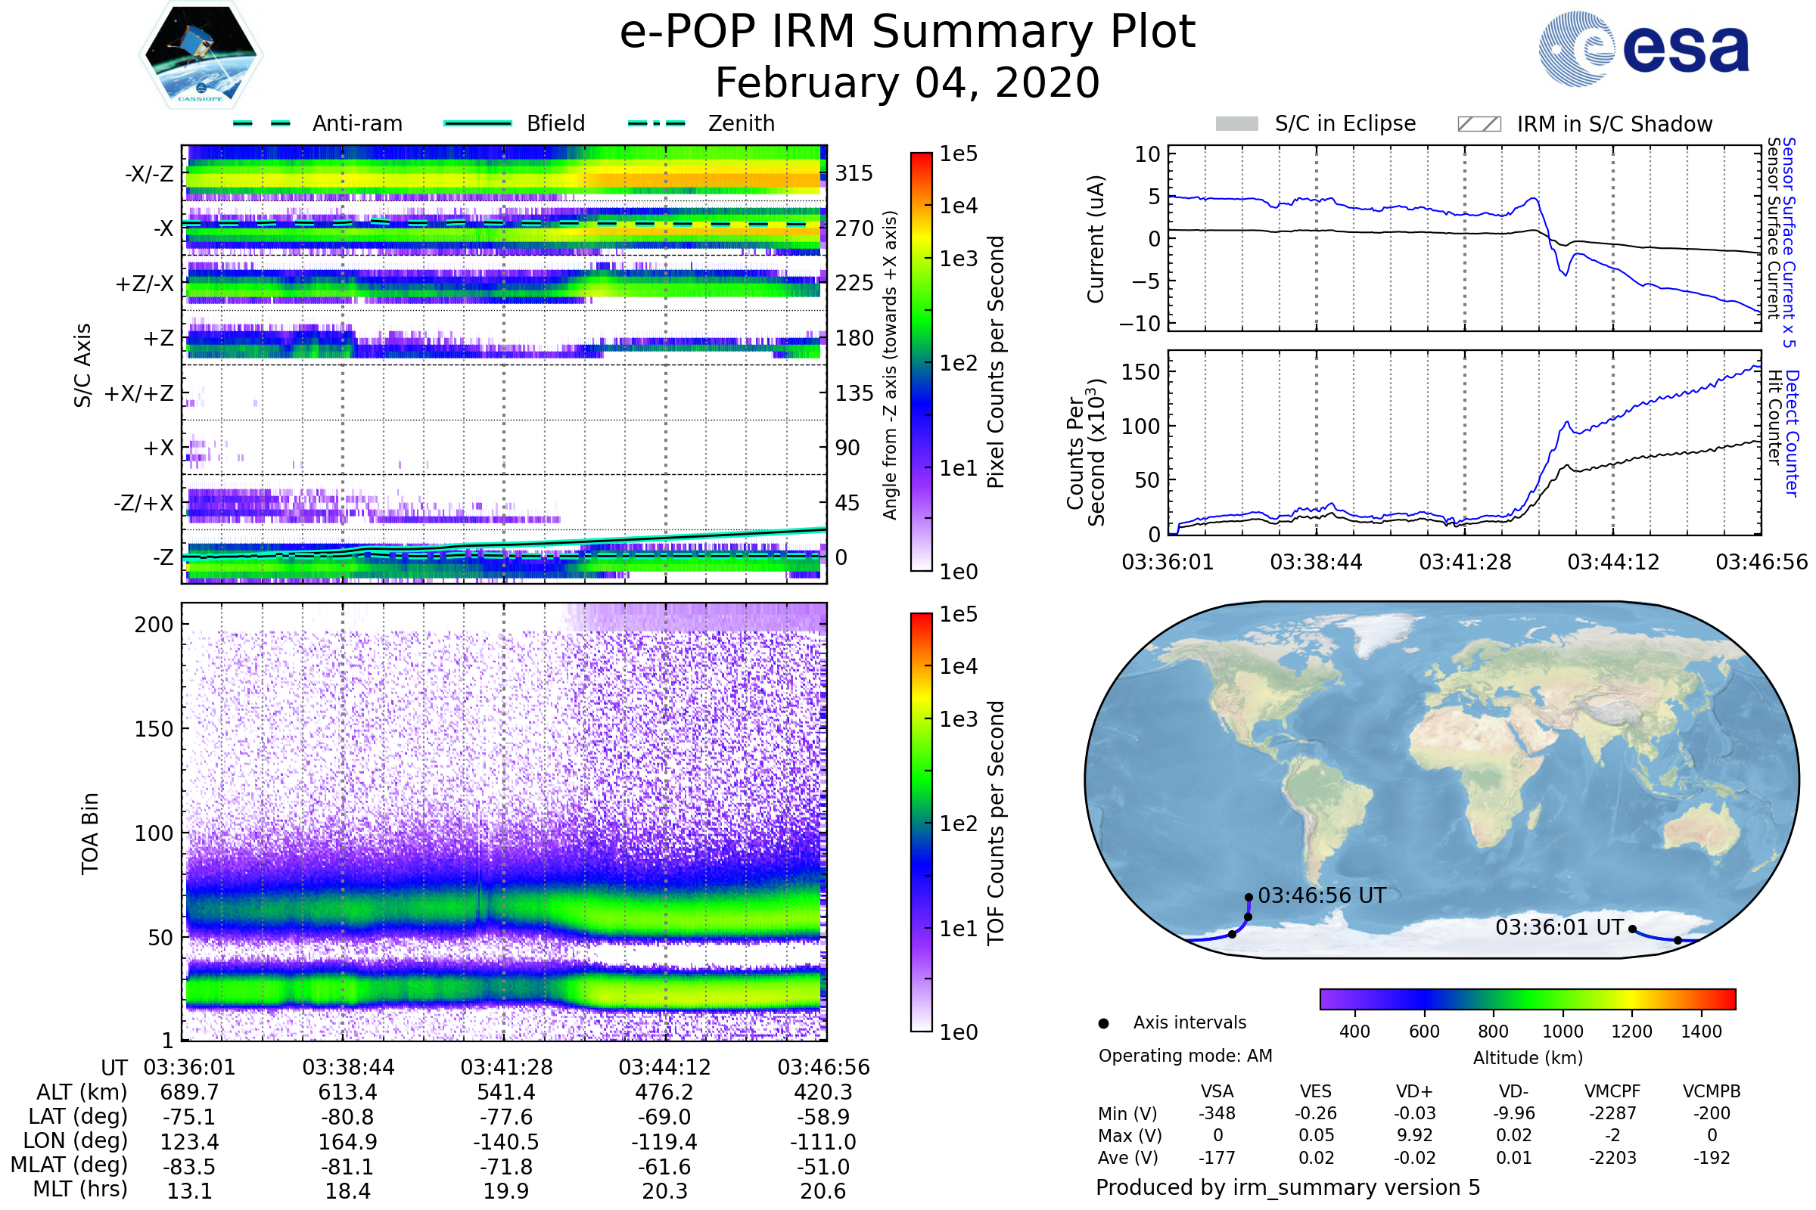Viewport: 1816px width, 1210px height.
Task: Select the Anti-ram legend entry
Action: coord(356,123)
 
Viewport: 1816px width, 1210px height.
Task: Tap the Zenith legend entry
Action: coord(741,123)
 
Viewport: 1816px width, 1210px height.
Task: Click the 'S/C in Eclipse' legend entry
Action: coord(1345,123)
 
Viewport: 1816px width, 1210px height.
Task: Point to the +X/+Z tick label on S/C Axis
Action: coord(139,393)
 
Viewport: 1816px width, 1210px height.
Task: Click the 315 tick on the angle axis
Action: coord(854,173)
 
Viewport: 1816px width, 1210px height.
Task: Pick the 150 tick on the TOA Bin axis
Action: coord(154,729)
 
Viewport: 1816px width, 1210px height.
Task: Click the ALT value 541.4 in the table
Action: coord(505,1093)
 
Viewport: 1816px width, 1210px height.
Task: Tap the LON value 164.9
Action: coord(347,1142)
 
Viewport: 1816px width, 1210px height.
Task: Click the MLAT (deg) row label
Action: coord(70,1166)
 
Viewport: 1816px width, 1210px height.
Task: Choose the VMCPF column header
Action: coord(1612,1092)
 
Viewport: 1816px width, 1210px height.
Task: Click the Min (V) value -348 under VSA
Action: coord(1217,1113)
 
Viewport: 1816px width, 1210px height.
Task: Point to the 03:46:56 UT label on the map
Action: coord(1322,896)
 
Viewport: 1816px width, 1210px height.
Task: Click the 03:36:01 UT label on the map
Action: coord(1559,928)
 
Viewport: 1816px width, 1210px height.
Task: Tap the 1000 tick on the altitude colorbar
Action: coord(1562,1032)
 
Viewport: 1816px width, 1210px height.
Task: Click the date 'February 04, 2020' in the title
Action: coord(907,82)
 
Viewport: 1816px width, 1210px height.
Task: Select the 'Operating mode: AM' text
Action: coord(1185,1056)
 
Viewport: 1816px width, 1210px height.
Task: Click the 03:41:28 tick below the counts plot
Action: coord(1465,562)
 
